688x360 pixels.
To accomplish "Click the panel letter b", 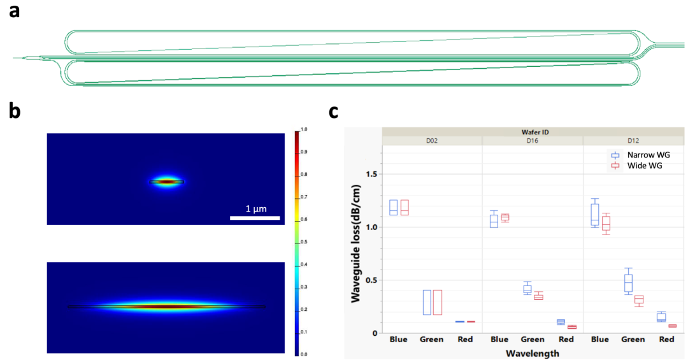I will [14, 111].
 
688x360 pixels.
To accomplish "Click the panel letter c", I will [334, 112].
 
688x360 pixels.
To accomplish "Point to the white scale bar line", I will [255, 219].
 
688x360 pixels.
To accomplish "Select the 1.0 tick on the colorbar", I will [303, 129].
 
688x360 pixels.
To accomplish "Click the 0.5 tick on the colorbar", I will [303, 242].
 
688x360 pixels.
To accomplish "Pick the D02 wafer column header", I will [432, 140].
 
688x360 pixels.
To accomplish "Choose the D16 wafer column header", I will [533, 140].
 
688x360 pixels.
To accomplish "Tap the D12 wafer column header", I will [634, 140].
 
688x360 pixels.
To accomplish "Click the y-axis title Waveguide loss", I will [357, 243].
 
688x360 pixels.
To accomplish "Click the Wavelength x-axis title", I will [533, 352].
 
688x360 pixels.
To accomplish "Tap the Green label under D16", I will [533, 340].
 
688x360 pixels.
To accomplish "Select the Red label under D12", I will [666, 340].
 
